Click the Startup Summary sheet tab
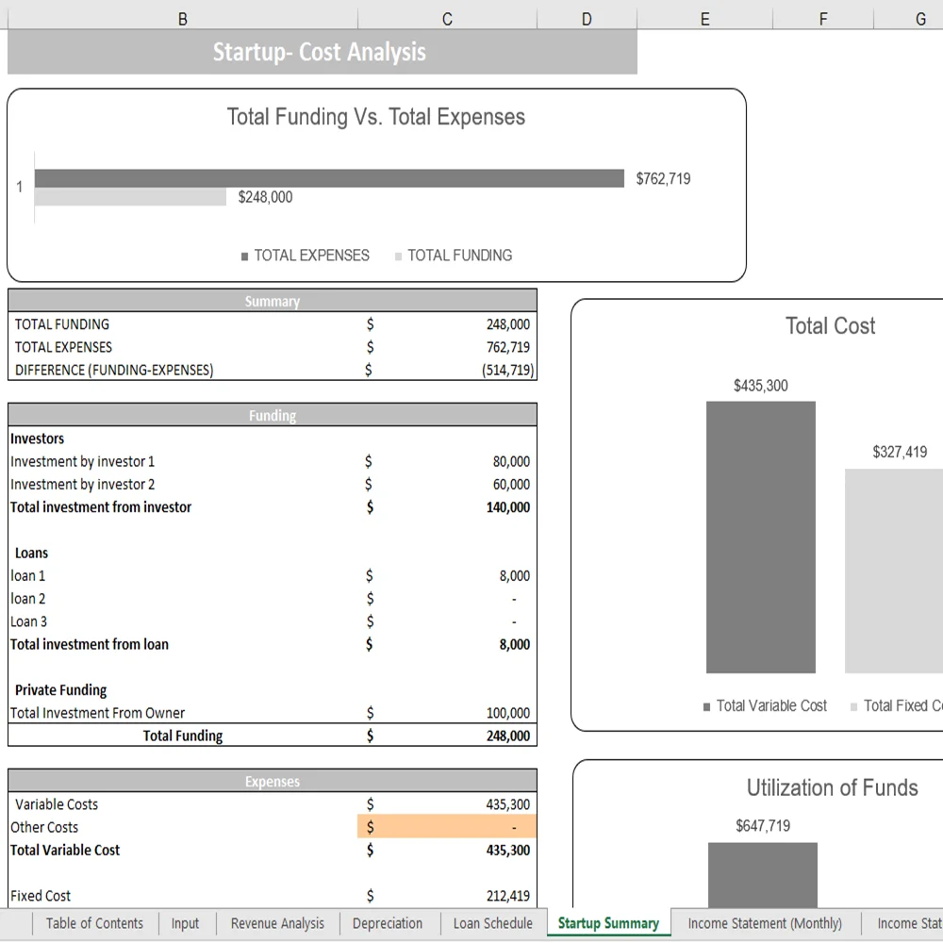click(608, 923)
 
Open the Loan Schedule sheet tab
click(492, 923)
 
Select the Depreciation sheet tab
click(387, 923)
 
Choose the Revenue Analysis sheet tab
click(277, 923)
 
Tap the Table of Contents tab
click(94, 923)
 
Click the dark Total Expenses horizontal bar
click(329, 178)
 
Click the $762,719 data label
click(663, 178)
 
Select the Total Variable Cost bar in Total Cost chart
click(760, 537)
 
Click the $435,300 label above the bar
click(760, 386)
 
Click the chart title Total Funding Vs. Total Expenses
click(375, 117)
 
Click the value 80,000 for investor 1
click(511, 461)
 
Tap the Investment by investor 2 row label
click(83, 485)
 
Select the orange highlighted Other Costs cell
click(447, 827)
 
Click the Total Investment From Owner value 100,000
click(509, 713)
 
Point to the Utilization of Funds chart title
click(832, 787)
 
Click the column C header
click(447, 19)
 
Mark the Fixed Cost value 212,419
click(509, 896)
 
